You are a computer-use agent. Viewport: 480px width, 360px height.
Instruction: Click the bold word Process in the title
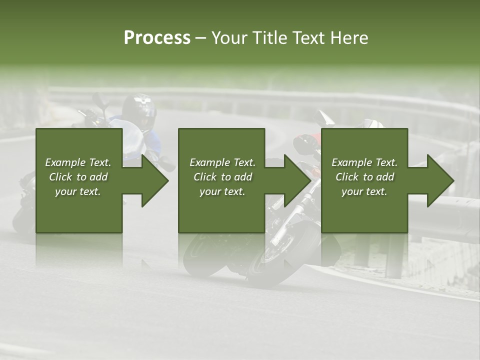tap(157, 37)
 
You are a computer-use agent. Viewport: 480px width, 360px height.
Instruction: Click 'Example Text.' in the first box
tap(78, 162)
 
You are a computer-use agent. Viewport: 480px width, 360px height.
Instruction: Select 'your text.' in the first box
tap(78, 191)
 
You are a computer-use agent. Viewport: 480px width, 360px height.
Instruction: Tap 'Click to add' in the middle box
tap(222, 177)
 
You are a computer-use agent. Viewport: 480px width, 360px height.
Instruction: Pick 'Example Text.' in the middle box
tap(222, 162)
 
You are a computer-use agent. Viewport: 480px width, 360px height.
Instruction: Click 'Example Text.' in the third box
tap(364, 162)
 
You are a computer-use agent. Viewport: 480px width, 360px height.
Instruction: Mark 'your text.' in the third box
tap(364, 191)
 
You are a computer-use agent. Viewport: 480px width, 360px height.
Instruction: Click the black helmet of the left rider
tap(139, 111)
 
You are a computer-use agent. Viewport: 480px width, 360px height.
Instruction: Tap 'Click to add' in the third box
tap(364, 177)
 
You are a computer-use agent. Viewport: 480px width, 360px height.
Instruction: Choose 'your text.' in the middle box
tap(222, 191)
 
